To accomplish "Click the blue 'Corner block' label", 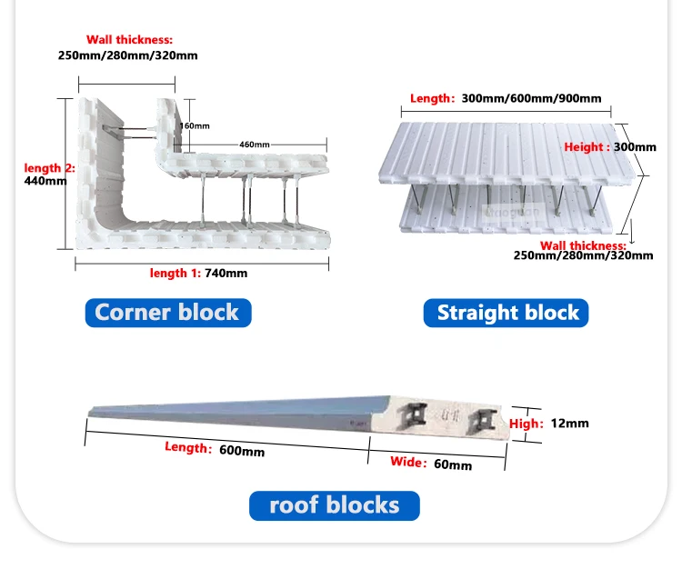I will (x=167, y=313).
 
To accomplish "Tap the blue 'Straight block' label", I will (x=507, y=313).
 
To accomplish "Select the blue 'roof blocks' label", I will (x=335, y=505).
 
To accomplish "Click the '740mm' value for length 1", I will (x=226, y=273).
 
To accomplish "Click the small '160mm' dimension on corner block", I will (x=196, y=125).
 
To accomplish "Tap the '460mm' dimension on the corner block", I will (x=254, y=145).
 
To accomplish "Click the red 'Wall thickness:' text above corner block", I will (x=129, y=40).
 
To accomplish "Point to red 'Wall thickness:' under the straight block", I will (x=583, y=245).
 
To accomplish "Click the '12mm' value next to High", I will (x=570, y=424).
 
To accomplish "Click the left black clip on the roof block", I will (x=415, y=415).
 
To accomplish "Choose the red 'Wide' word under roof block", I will (x=407, y=462).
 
